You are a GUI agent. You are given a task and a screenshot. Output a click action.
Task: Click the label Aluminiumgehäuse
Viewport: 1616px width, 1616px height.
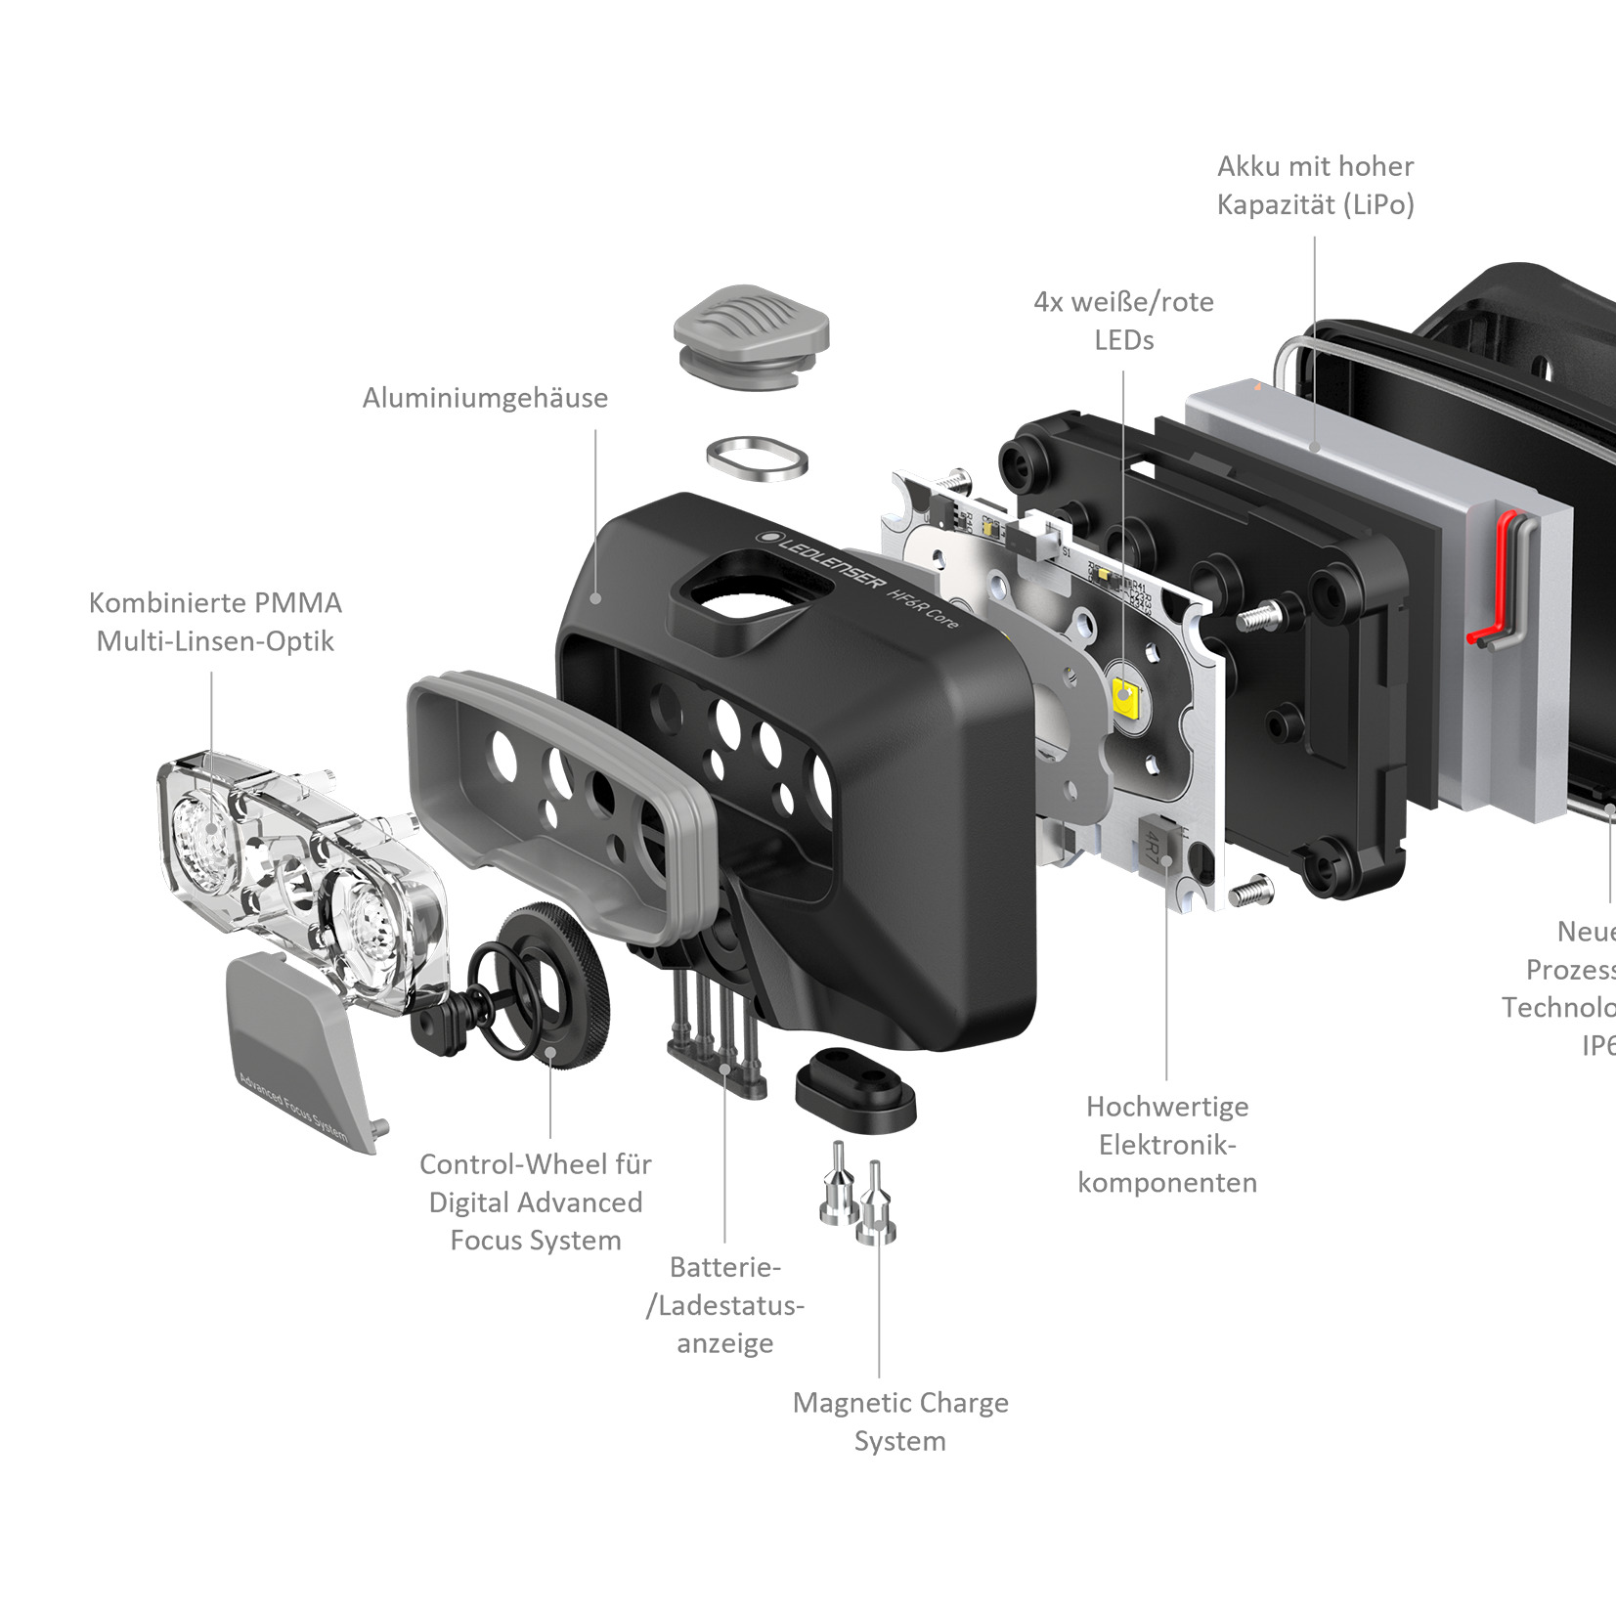coord(485,398)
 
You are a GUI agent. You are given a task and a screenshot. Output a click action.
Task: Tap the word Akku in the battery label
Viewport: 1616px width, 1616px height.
coord(1249,167)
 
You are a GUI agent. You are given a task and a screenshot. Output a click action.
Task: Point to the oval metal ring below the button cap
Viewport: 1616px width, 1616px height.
coord(757,459)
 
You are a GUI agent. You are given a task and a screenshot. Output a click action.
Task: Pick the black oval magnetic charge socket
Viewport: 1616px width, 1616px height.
coord(855,1084)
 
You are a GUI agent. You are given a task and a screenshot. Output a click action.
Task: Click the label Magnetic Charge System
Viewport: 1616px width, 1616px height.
coord(900,1421)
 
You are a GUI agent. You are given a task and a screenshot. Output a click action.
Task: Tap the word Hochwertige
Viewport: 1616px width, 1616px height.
coord(1167,1107)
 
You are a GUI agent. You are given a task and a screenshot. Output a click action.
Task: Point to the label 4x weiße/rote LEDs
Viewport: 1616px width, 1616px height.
coord(1123,321)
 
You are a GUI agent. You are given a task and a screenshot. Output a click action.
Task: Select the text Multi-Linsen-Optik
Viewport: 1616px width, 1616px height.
coord(215,641)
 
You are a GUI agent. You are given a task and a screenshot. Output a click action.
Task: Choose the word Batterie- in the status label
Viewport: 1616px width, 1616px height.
coord(724,1267)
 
